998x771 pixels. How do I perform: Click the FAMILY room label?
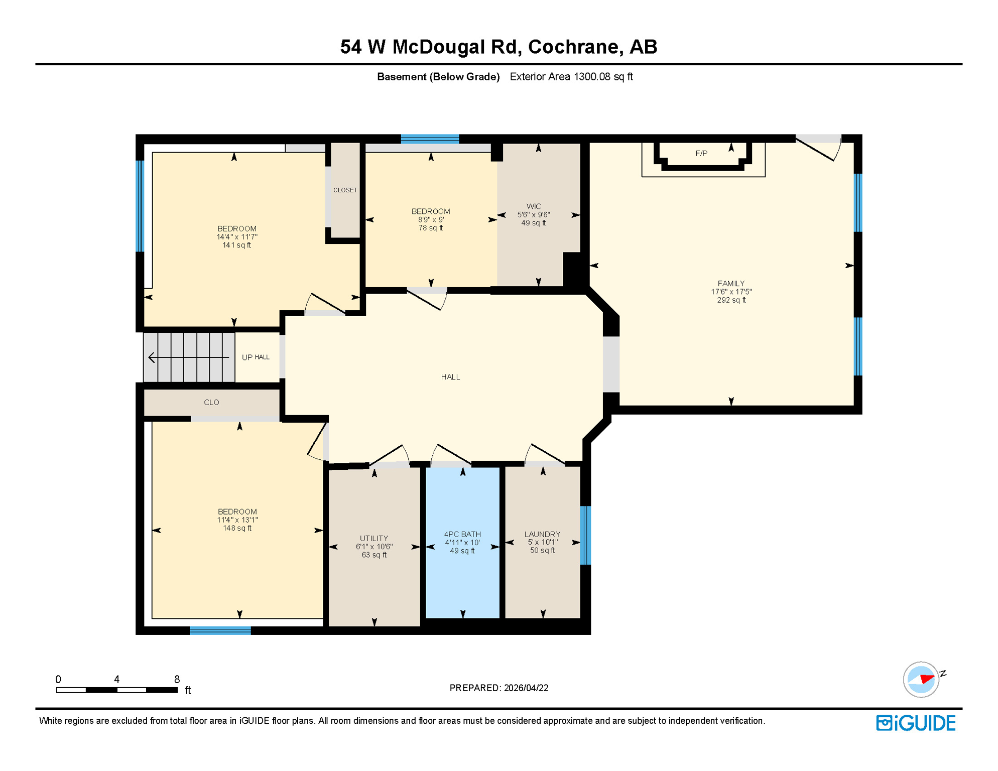click(x=731, y=284)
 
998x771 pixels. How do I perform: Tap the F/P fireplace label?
click(x=701, y=154)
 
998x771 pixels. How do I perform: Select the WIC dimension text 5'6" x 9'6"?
click(x=534, y=215)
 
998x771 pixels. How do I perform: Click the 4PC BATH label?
click(x=462, y=535)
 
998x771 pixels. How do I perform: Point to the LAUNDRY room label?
click(x=542, y=535)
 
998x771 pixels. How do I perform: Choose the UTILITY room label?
click(x=374, y=539)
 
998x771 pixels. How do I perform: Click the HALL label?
click(x=450, y=377)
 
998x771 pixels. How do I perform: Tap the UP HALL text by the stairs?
click(x=256, y=357)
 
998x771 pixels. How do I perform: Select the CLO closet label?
click(x=211, y=403)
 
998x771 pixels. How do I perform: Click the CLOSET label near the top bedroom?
click(x=345, y=190)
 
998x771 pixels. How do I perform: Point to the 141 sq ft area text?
click(x=236, y=245)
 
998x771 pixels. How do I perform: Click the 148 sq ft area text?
click(x=237, y=529)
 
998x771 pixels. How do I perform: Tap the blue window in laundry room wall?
click(x=585, y=535)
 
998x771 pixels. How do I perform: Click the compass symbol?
click(x=921, y=680)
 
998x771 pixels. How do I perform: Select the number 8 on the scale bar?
click(x=177, y=680)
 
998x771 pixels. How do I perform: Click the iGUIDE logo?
click(x=916, y=723)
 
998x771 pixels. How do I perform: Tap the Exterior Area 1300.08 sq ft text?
click(x=571, y=77)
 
